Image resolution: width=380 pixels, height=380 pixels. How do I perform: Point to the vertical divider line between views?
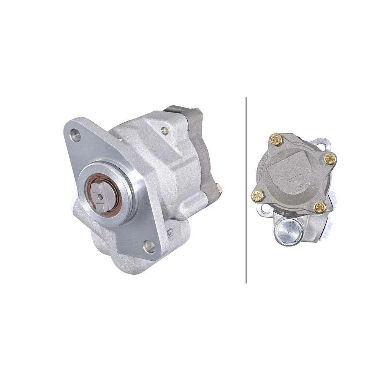(x=246, y=190)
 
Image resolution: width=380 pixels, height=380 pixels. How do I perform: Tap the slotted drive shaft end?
(x=100, y=195)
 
